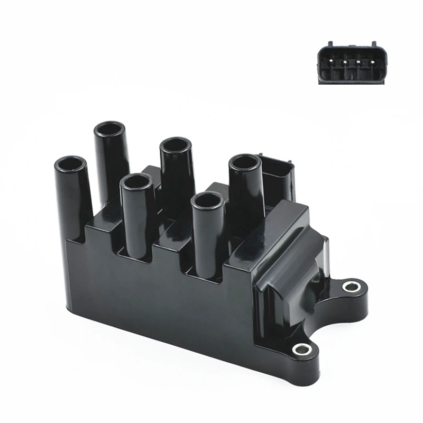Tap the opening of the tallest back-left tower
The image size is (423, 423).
click(109, 129)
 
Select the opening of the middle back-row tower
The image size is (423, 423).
click(176, 145)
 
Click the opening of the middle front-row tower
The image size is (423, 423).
click(137, 182)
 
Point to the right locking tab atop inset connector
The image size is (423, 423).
click(373, 43)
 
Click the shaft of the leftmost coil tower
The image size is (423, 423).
click(74, 196)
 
